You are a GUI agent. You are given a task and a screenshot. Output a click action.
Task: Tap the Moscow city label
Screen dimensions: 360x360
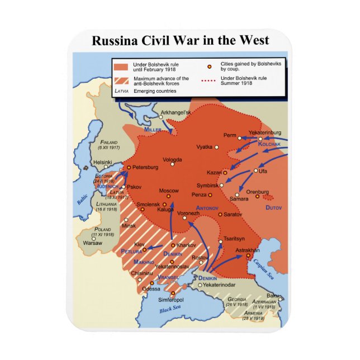point(169,191)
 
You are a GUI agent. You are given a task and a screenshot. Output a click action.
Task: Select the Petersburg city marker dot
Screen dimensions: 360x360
point(129,167)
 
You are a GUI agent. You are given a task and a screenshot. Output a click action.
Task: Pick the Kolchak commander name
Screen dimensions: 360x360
point(268,144)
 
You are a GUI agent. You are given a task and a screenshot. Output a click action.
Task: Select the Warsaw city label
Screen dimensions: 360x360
point(92,243)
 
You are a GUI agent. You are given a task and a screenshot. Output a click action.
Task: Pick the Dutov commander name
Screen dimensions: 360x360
point(274,207)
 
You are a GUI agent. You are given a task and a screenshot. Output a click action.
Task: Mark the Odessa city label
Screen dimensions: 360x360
point(151,288)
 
